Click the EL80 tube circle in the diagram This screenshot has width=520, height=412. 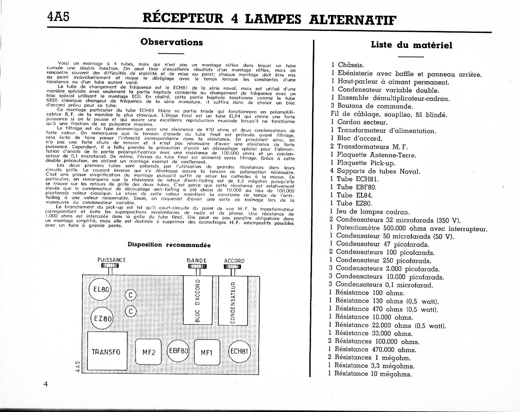point(101,289)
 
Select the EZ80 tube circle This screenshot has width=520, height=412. point(102,318)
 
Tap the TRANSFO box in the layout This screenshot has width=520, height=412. point(106,351)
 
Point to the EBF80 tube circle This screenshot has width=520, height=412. point(178,351)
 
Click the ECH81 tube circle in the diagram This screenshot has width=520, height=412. point(239,351)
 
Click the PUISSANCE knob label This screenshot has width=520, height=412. point(111,260)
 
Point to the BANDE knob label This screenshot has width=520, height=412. point(197,261)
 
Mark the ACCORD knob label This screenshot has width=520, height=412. point(234,261)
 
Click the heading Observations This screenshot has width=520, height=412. point(171,42)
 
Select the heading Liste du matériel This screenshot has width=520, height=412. point(411,45)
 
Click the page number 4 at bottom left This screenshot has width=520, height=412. point(46,384)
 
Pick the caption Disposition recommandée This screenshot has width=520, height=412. point(169,245)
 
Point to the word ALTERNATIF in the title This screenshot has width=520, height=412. point(353,19)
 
